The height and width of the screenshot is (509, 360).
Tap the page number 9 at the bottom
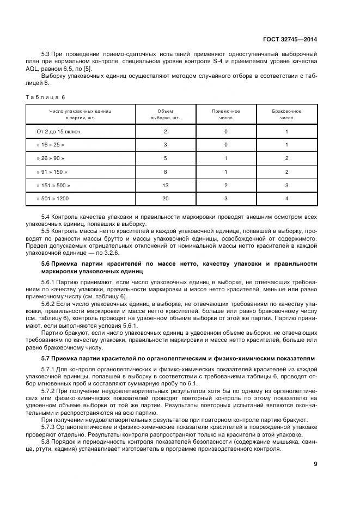click(315, 464)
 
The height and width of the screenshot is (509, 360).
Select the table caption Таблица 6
click(45, 97)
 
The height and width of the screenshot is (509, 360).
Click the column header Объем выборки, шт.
click(165, 114)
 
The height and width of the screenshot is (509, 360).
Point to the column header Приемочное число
click(225, 114)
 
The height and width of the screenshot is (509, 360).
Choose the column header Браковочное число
click(286, 114)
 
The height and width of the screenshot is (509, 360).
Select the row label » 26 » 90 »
click(50, 158)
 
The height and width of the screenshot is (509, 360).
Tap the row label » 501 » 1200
click(54, 199)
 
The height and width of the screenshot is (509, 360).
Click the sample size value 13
click(165, 185)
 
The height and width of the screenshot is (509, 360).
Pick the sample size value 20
click(165, 199)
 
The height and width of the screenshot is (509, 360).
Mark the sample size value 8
click(165, 172)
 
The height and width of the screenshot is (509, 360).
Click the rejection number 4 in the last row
click(286, 199)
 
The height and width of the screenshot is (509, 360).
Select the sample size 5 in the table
click(165, 158)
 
